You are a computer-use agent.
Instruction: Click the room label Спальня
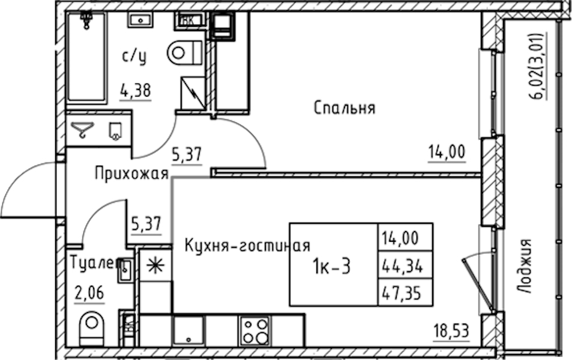(345, 108)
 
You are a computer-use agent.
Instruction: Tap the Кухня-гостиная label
(247, 245)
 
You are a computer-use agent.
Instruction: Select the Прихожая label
(131, 173)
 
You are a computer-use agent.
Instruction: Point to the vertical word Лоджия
(524, 266)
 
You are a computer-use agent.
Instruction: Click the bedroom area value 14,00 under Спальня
(447, 152)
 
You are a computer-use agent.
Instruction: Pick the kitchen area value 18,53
(451, 331)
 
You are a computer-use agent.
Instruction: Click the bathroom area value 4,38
(135, 91)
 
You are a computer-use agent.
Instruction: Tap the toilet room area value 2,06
(89, 293)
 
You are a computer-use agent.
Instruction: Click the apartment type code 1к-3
(331, 266)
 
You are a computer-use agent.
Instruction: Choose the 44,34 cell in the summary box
(402, 266)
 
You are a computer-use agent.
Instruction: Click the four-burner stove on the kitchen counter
(255, 331)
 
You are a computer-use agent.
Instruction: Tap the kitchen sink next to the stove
(188, 331)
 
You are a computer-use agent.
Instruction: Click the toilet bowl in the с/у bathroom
(185, 53)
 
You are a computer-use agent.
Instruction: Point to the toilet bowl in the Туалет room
(92, 328)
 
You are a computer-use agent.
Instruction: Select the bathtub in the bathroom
(86, 56)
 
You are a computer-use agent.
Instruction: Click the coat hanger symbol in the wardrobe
(83, 130)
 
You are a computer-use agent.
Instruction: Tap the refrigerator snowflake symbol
(155, 265)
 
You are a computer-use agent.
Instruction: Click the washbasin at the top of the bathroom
(140, 19)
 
